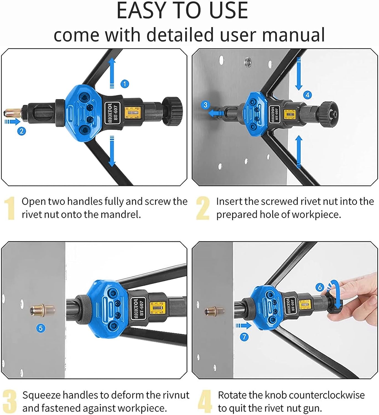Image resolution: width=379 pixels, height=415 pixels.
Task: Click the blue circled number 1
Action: [124, 84]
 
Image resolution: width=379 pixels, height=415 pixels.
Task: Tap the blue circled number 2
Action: [22, 131]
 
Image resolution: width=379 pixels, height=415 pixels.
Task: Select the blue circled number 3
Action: [206, 105]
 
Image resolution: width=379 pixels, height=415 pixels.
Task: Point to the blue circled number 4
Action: [308, 95]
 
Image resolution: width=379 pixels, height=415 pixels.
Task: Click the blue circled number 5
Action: [41, 328]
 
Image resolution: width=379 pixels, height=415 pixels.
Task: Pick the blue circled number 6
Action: [320, 287]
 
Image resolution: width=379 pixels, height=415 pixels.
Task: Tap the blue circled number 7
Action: [244, 337]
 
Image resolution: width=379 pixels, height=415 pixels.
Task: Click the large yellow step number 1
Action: [10, 208]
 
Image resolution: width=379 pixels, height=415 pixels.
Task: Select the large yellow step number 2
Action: [203, 208]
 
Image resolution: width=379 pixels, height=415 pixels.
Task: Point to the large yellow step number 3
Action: [10, 401]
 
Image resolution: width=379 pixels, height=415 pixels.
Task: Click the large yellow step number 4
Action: [204, 401]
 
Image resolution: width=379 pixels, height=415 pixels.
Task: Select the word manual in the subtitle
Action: [294, 35]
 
